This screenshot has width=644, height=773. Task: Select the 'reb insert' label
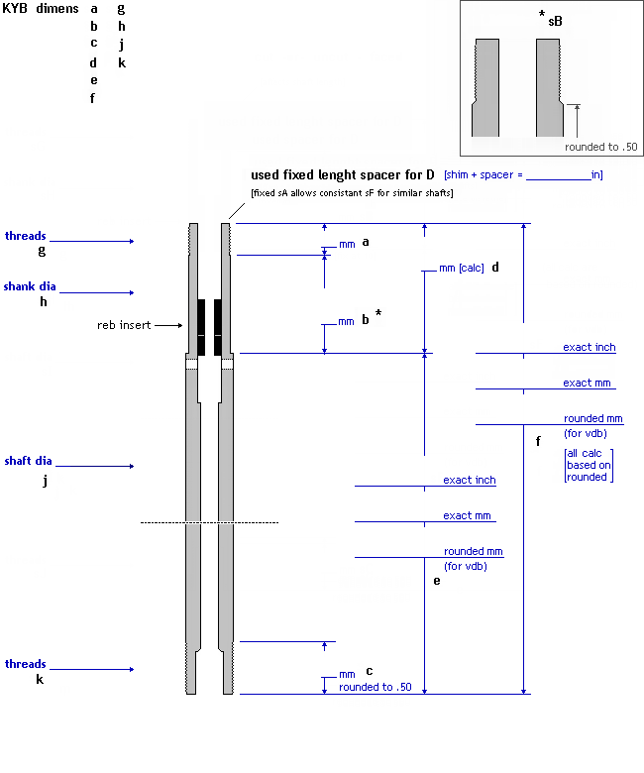(124, 325)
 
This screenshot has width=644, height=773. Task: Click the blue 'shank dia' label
(30, 286)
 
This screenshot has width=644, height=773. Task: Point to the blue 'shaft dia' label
(30, 461)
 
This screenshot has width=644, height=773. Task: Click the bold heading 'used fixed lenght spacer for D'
(343, 174)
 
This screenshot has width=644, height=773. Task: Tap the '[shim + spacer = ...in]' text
(523, 174)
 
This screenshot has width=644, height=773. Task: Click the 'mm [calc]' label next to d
(461, 268)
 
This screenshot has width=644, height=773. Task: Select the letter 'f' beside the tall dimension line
(537, 441)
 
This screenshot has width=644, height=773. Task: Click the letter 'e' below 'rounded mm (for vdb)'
(437, 580)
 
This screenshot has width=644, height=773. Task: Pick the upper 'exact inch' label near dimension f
(590, 347)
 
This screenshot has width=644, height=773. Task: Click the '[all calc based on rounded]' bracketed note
(588, 465)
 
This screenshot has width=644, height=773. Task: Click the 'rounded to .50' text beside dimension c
(375, 687)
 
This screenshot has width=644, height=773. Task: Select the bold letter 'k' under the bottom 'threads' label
(40, 680)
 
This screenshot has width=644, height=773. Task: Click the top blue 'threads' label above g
(25, 236)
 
